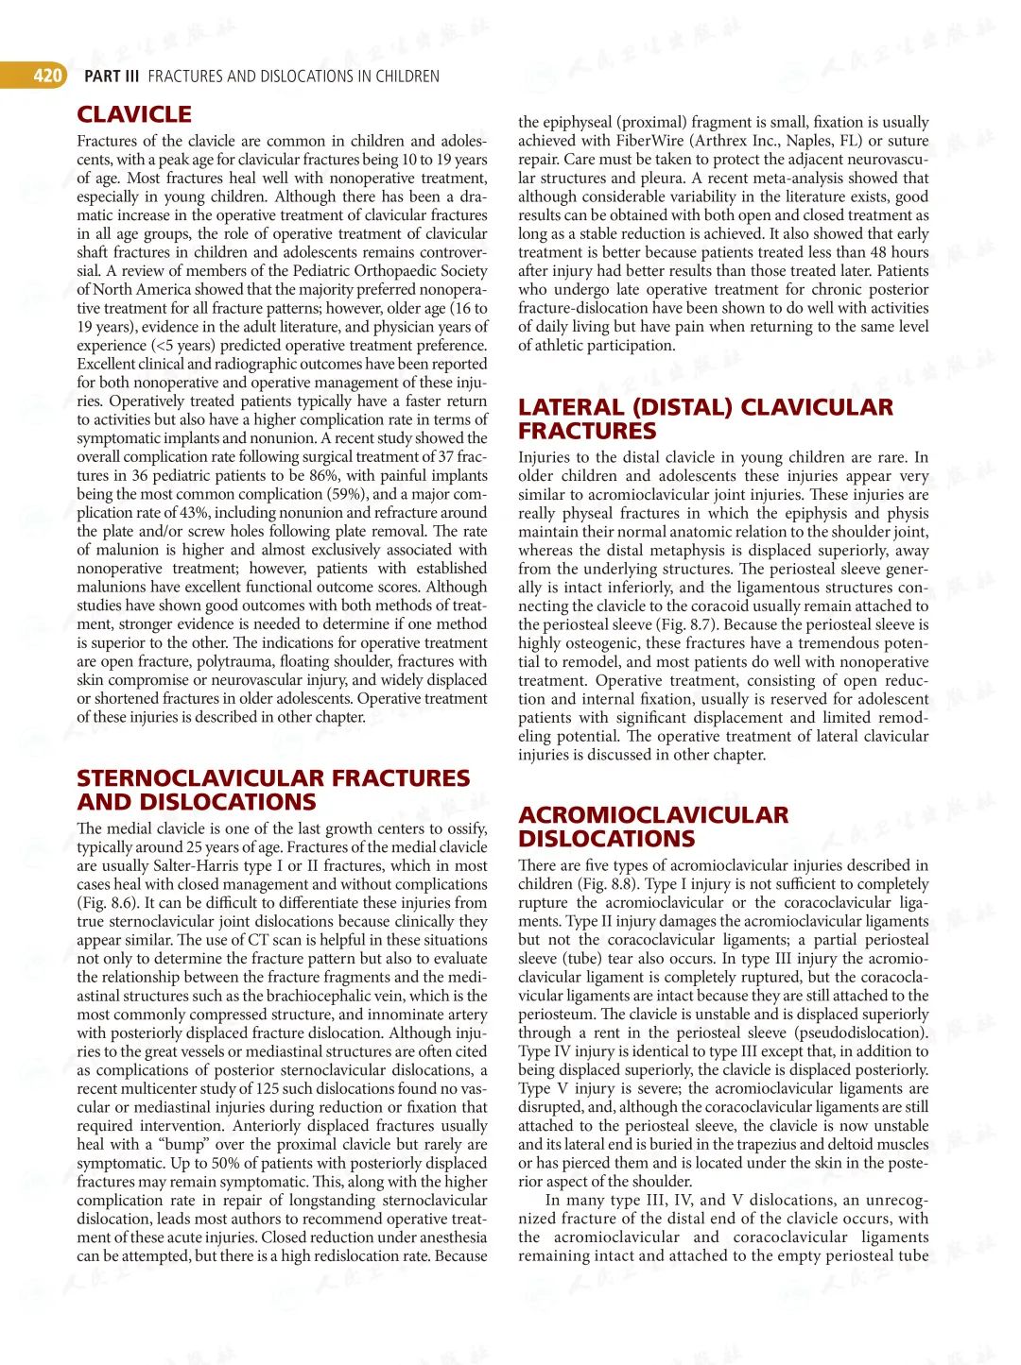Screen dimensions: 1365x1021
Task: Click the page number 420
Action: (x=47, y=76)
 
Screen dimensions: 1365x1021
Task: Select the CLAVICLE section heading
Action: (x=134, y=114)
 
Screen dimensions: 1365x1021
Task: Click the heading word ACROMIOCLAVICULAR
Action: (x=652, y=815)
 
